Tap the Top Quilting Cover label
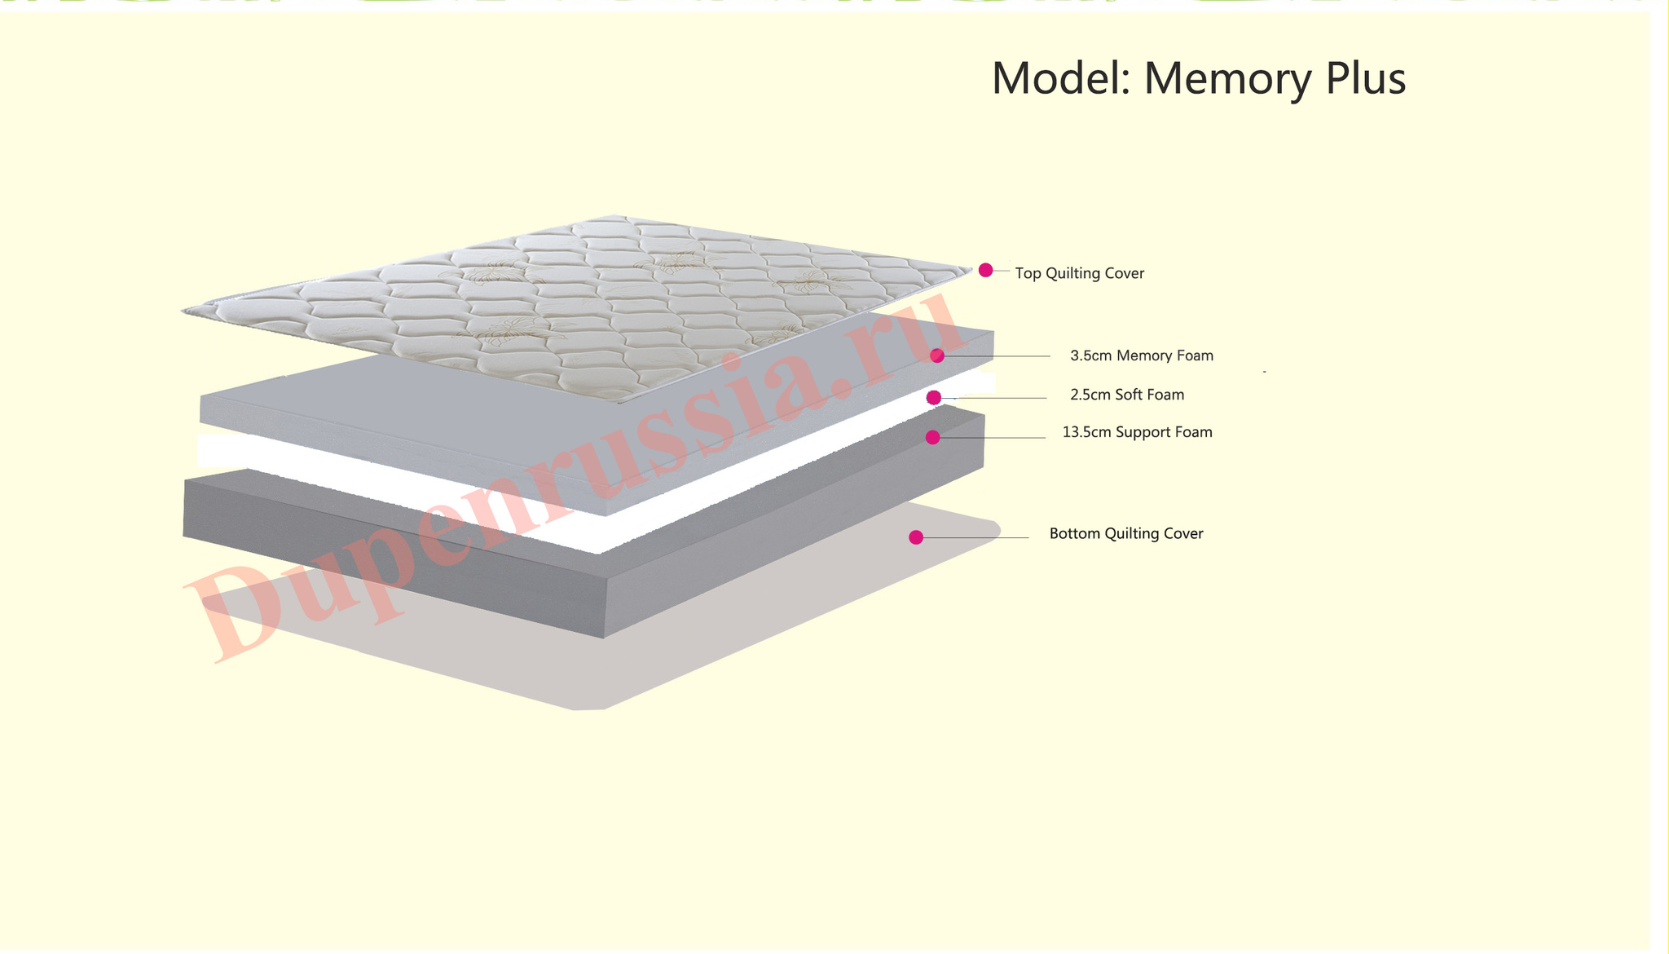(1079, 273)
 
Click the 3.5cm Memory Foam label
(1142, 356)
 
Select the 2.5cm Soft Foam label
(1127, 395)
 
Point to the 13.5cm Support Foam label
(1137, 432)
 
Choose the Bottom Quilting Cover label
(1126, 533)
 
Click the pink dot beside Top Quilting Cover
(985, 270)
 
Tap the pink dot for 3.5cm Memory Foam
(937, 356)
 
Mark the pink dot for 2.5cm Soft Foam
(934, 397)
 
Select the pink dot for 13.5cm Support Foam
(933, 437)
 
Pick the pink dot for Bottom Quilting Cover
(916, 537)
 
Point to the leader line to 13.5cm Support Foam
(993, 438)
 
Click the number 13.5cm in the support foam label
(1086, 432)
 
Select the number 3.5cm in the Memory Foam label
(1091, 356)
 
